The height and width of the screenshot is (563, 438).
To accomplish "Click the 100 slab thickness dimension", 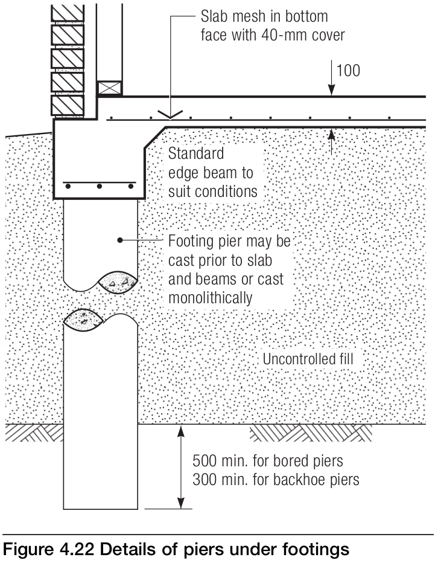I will (348, 71).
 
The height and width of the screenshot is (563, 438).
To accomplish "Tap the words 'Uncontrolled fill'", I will (308, 359).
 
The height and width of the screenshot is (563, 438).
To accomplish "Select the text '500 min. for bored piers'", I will (268, 461).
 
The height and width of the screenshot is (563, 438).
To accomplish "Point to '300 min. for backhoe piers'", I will (276, 480).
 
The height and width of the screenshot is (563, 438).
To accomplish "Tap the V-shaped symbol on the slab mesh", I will (170, 114).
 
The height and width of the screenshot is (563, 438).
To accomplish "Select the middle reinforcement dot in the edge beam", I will (100, 187).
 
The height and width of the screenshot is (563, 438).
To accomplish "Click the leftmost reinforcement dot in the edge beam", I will (68, 187).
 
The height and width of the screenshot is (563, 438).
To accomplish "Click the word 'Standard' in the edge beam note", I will (196, 153).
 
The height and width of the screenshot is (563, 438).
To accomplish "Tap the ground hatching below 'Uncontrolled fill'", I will (311, 432).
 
